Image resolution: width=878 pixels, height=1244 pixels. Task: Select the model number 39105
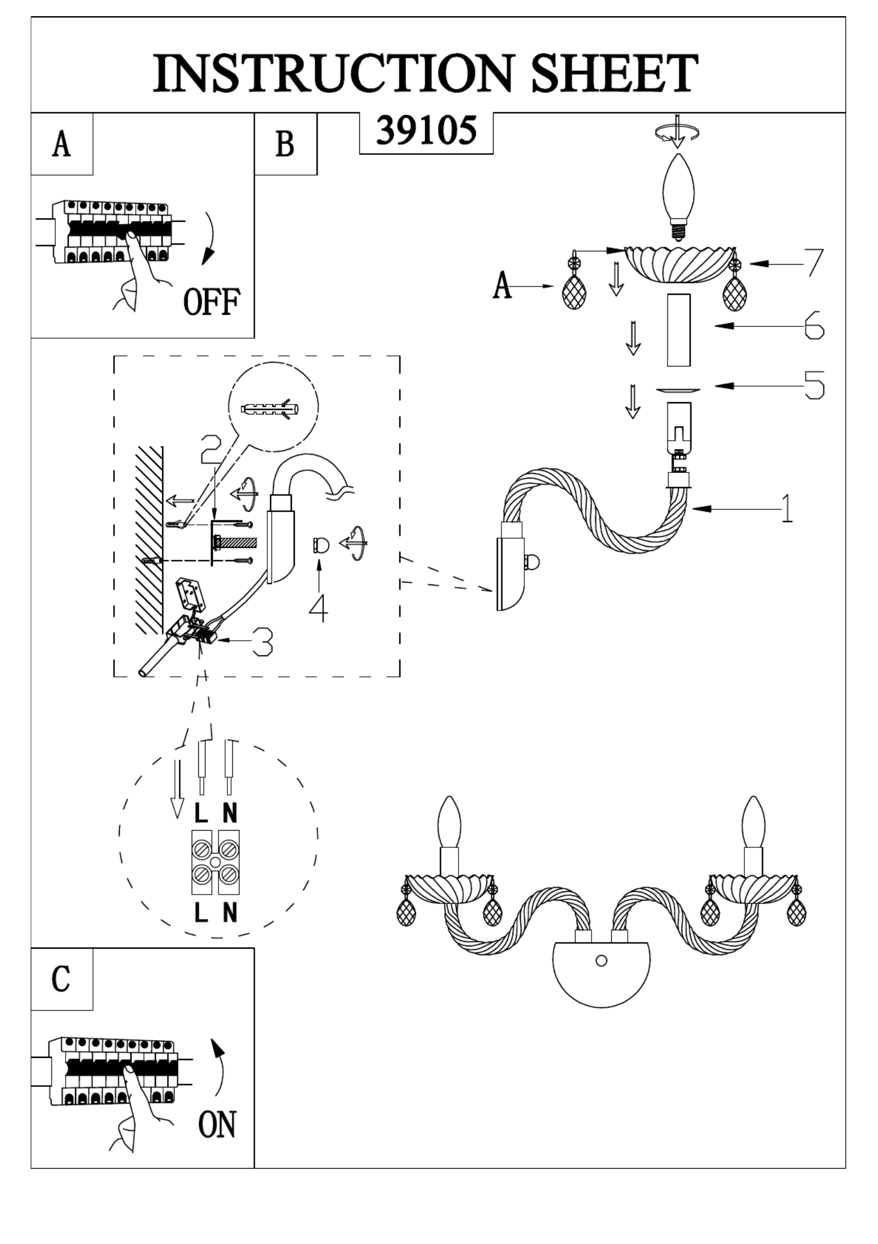tap(426, 131)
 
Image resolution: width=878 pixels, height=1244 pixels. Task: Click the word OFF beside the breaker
tap(212, 302)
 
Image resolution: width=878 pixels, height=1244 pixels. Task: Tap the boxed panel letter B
tap(285, 144)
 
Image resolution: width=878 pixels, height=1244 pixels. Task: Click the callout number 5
tap(814, 385)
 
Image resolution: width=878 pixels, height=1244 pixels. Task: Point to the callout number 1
tap(786, 508)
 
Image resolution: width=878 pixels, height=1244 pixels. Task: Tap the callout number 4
tap(319, 609)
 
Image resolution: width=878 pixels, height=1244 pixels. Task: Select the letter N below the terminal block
tap(230, 913)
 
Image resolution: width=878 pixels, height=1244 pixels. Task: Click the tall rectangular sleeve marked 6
tap(678, 330)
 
